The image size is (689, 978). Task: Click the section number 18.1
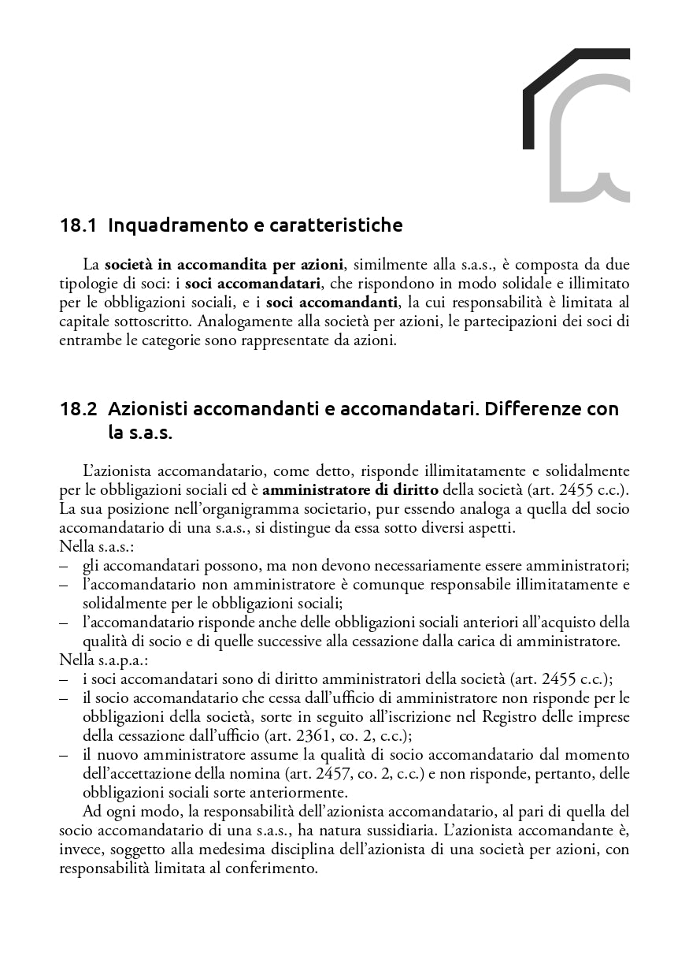tap(78, 226)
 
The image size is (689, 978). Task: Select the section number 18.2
tap(78, 410)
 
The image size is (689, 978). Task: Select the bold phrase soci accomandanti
tap(332, 303)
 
